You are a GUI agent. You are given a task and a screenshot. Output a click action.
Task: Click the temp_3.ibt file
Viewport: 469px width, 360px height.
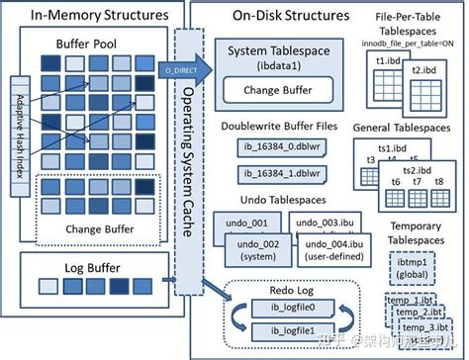(427, 327)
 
